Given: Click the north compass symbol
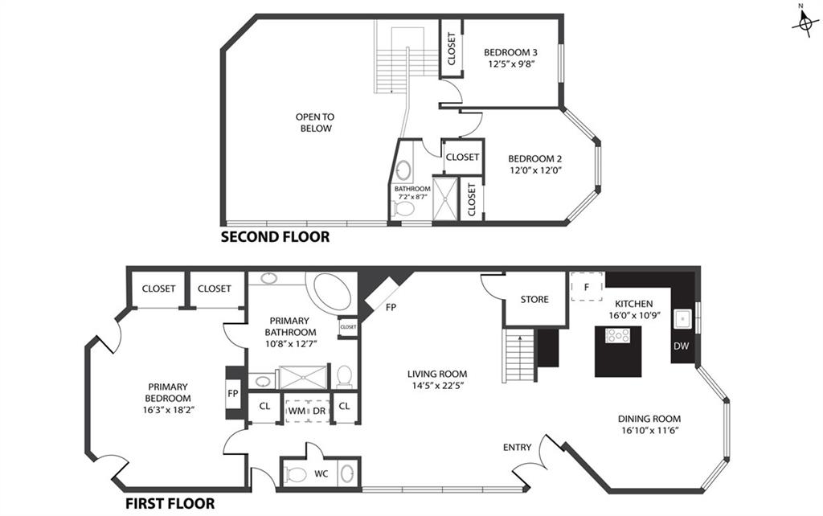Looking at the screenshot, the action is (805, 22).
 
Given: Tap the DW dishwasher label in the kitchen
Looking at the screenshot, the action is (681, 346).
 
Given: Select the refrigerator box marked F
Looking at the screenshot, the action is (587, 287).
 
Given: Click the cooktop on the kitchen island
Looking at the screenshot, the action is (618, 335).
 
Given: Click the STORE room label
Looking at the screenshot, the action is (534, 299).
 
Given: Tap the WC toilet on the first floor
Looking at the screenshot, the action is (297, 474).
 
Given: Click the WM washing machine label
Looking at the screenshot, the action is (297, 411).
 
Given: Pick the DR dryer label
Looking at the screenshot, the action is (319, 411).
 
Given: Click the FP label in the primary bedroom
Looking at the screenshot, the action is (233, 393).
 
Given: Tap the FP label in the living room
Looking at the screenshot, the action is (391, 308).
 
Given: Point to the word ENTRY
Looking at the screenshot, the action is (517, 447).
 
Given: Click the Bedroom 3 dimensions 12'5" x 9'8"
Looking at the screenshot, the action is (510, 64).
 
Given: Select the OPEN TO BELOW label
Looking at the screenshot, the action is (315, 122).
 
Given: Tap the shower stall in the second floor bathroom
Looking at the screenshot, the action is (445, 198).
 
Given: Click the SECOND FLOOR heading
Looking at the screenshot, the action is (275, 237).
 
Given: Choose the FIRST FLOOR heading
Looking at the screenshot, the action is (170, 504).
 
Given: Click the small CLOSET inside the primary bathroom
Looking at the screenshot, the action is (348, 327).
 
